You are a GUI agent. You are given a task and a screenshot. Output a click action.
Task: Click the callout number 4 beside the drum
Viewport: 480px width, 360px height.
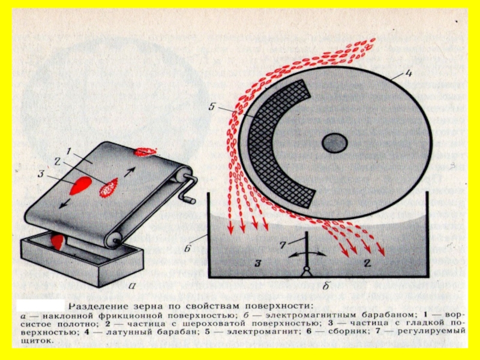tap(408, 75)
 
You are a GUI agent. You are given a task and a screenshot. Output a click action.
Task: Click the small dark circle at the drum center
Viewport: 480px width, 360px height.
tap(334, 143)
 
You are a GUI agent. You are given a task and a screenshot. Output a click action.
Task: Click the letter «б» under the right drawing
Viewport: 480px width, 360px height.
tap(326, 286)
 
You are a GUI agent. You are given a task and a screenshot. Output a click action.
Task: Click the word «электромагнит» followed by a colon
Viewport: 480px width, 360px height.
tap(252, 331)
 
